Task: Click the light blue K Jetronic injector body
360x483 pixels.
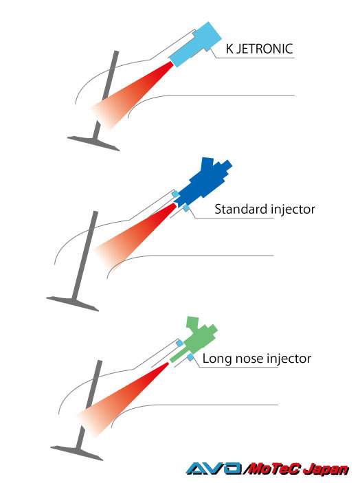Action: coord(196,45)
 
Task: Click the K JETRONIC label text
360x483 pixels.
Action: coord(259,49)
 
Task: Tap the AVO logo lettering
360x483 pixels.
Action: coord(214,469)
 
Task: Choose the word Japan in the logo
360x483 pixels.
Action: coord(326,470)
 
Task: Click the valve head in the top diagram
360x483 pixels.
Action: coord(93,143)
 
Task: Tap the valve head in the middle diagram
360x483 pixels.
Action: coord(73,304)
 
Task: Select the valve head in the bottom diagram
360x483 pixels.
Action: coord(77,453)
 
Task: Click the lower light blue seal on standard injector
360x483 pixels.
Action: coord(186,208)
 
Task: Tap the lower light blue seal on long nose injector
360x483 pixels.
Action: coord(190,357)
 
